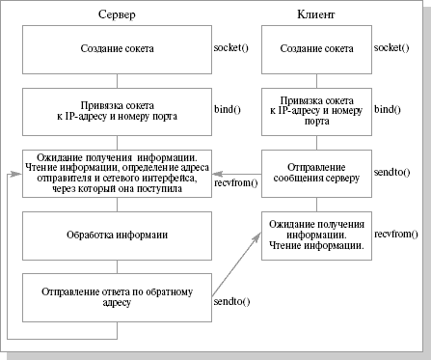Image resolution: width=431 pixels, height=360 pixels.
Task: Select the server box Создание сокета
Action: coord(116,47)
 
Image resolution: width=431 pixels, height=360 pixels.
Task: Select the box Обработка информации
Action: coord(116,235)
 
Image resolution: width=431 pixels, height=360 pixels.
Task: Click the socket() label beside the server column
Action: coord(229,47)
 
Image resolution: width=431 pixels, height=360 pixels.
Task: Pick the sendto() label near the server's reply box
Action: coord(229,302)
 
